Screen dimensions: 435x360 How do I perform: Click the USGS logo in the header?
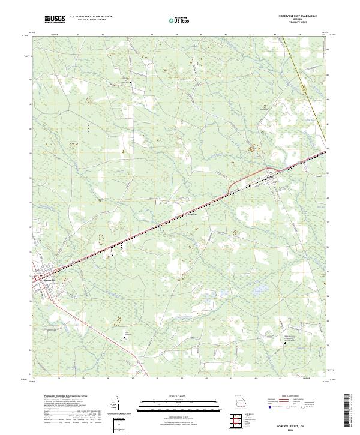[x=55, y=20]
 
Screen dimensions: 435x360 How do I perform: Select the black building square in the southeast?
[x=284, y=343]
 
